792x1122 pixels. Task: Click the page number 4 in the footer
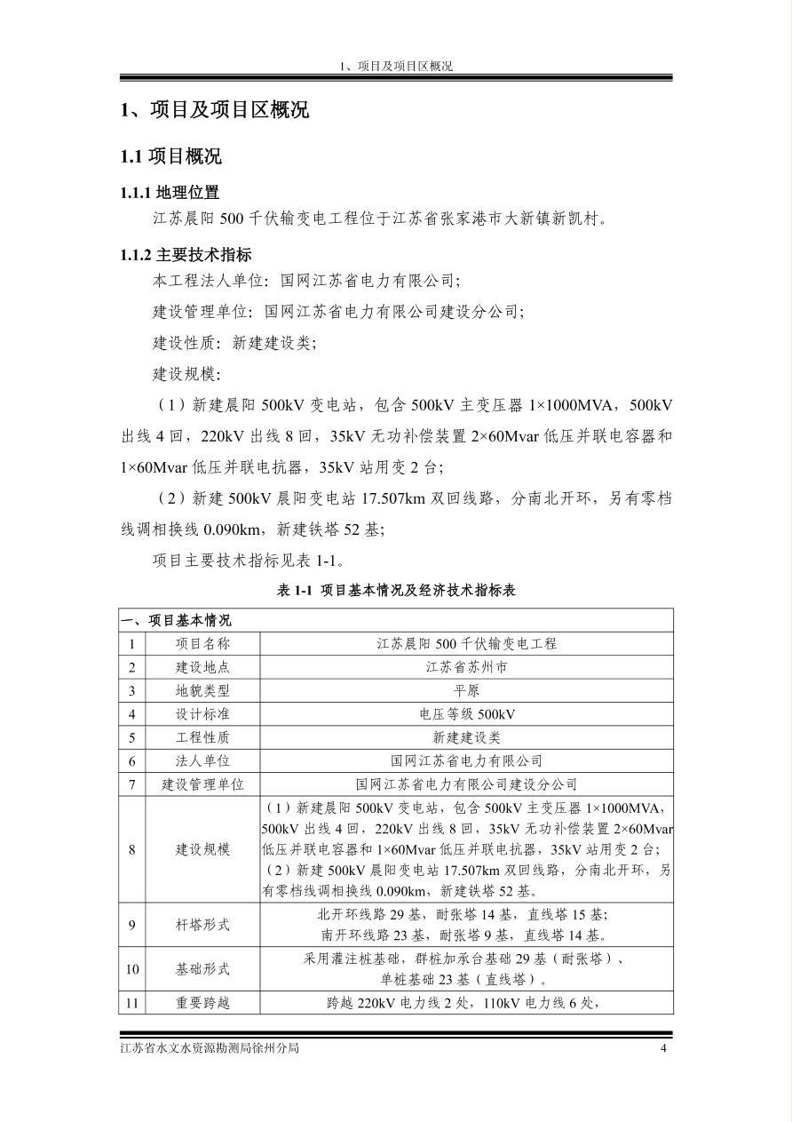coord(663,1048)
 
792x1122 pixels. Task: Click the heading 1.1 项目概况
coord(171,157)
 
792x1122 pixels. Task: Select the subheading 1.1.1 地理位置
coord(170,193)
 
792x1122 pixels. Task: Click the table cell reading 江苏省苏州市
coord(466,667)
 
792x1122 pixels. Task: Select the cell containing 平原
coord(466,690)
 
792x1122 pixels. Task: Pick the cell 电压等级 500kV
coord(466,714)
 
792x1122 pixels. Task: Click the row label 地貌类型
coord(202,690)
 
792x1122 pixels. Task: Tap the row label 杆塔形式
coord(202,925)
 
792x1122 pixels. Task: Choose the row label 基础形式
coord(202,969)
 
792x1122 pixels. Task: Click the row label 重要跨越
coord(202,1003)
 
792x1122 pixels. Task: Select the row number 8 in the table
coord(131,849)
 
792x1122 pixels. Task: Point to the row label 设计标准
coord(202,714)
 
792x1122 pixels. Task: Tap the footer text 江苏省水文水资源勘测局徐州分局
coord(210,1048)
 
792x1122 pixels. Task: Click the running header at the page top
coord(396,67)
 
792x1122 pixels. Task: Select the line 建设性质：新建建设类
coord(234,343)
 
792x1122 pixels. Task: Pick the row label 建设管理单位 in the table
coord(202,784)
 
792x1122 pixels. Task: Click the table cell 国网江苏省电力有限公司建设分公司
coord(466,784)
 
